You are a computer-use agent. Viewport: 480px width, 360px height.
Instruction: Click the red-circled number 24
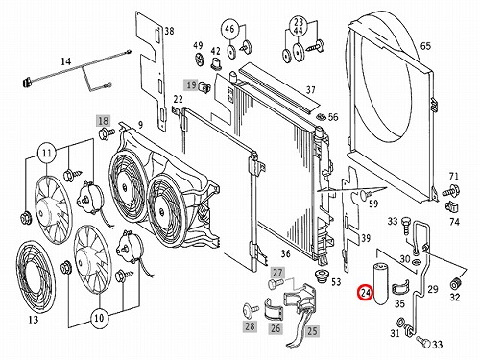(366, 293)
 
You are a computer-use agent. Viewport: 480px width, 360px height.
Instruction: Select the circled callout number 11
(47, 154)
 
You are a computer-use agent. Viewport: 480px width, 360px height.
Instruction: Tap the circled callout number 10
(99, 318)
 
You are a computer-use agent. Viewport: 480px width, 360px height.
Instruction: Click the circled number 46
(229, 29)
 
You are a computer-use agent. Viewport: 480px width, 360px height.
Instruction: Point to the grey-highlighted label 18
(104, 121)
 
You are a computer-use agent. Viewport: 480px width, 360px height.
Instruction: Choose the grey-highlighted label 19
(191, 85)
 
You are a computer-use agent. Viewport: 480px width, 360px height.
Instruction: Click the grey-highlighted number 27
(277, 273)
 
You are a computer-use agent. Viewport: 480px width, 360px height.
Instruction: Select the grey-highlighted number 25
(312, 331)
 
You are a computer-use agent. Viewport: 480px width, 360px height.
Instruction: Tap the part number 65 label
(425, 46)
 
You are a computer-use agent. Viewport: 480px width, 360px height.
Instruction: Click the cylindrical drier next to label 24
(380, 283)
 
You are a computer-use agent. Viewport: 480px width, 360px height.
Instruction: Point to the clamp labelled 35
(400, 288)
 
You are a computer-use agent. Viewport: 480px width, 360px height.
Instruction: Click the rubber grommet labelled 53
(322, 276)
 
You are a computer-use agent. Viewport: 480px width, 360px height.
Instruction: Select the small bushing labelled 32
(455, 283)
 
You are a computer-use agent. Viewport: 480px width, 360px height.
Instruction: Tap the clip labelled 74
(452, 206)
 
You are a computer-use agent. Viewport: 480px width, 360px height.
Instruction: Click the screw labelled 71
(451, 191)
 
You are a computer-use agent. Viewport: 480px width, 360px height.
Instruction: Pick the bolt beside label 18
(108, 132)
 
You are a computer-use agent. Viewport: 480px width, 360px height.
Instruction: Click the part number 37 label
(310, 90)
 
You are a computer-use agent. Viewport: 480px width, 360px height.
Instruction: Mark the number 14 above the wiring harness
(65, 60)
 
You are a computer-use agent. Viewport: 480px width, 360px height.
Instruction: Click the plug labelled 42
(216, 64)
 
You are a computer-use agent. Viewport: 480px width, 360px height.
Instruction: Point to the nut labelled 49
(200, 60)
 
